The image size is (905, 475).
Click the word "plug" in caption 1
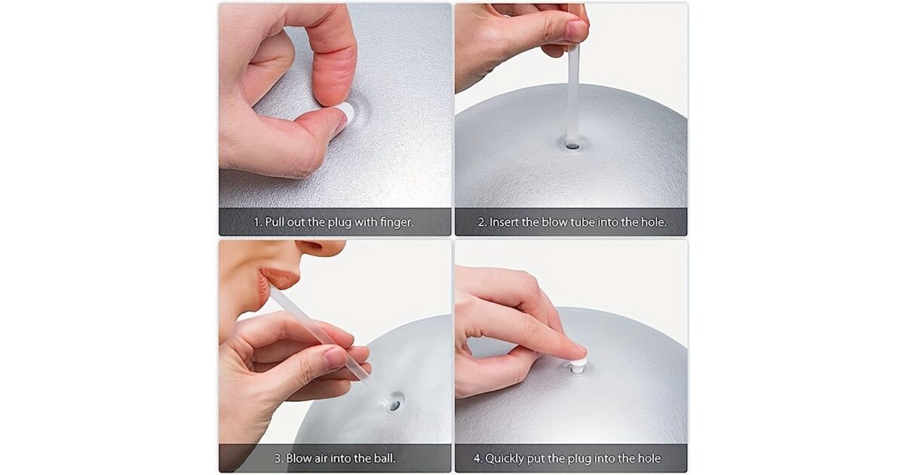[339, 222]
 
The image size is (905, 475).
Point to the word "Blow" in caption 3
[299, 458]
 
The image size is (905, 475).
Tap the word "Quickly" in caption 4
[504, 459]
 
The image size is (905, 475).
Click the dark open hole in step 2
[572, 146]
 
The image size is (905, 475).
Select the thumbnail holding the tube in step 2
[576, 29]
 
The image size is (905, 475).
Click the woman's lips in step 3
[276, 281]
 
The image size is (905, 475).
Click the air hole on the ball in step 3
[394, 404]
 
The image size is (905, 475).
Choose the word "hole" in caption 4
[649, 458]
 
